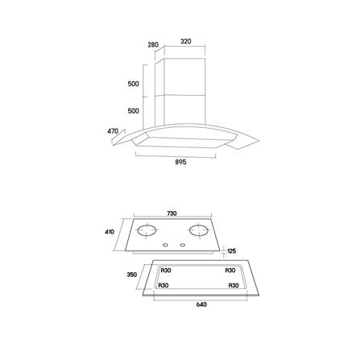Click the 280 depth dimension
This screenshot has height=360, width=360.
click(153, 44)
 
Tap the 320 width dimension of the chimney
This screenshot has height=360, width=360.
click(186, 41)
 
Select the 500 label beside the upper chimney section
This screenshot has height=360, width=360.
click(134, 84)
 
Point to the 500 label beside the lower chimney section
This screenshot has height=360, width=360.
click(134, 110)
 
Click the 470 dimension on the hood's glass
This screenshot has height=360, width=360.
click(113, 131)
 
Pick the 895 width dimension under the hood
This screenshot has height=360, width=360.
click(180, 162)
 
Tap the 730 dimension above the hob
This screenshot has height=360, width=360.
click(172, 213)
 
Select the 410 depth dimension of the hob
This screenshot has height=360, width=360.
click(110, 232)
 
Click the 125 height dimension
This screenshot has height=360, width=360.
click(231, 251)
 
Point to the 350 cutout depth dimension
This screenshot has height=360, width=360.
click(132, 275)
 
